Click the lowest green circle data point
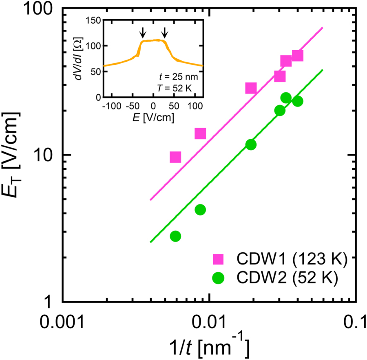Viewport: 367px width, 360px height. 175,236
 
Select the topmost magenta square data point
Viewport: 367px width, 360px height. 297,56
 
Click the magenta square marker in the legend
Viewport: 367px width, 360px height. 219,259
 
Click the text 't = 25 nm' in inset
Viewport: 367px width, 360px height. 178,76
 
